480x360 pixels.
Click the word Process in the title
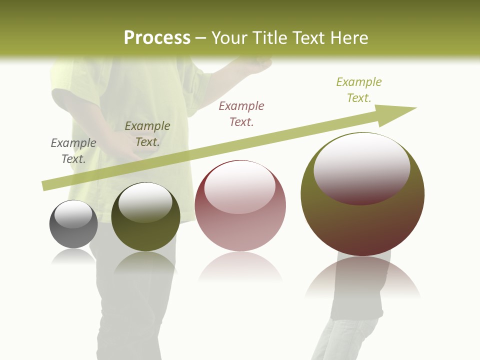(157, 38)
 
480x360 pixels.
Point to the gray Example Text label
(73, 151)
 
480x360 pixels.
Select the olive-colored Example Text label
(147, 134)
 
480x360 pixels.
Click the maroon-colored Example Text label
(241, 113)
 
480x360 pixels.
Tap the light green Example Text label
(359, 89)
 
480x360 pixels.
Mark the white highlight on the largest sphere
(361, 167)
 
